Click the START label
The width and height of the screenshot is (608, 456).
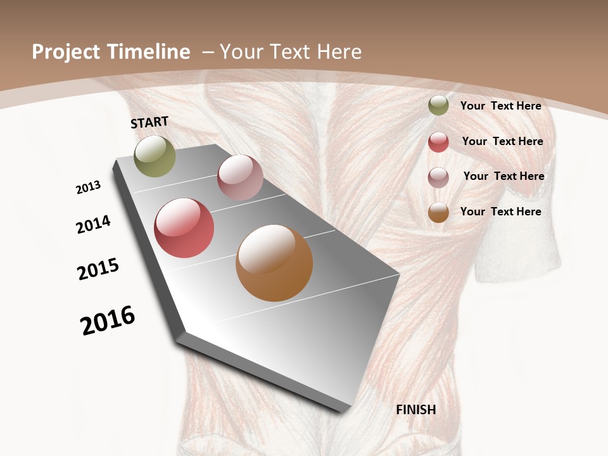[x=149, y=122]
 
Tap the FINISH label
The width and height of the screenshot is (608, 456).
[x=416, y=410]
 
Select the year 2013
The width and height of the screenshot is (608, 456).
[x=89, y=187]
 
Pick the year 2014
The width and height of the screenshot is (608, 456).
[x=94, y=225]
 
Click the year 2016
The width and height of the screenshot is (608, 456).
[x=108, y=320]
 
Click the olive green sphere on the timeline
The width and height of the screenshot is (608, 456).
[x=155, y=156]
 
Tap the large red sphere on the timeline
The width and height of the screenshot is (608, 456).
[x=184, y=228]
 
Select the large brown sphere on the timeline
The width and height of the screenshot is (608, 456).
[x=274, y=263]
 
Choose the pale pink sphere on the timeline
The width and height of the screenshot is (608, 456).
[x=240, y=178]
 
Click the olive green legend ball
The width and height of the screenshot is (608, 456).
[x=438, y=105]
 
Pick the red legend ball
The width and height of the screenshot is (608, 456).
[x=438, y=142]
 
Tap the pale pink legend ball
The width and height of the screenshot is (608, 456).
[x=438, y=177]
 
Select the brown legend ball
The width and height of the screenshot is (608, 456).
[x=438, y=212]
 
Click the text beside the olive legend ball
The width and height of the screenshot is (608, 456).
[x=500, y=106]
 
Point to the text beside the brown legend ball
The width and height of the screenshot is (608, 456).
[x=500, y=212]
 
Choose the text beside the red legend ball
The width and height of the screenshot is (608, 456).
[x=502, y=141]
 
